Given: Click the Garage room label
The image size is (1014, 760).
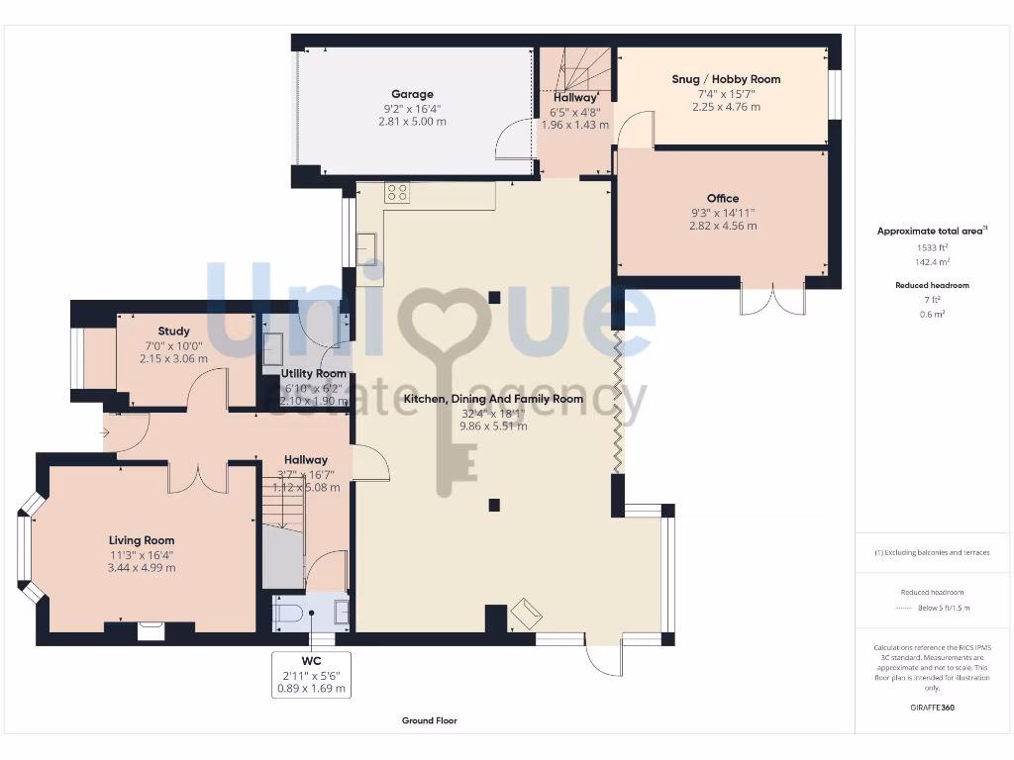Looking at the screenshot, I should point(411,95).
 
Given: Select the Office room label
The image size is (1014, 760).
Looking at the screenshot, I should point(722,198).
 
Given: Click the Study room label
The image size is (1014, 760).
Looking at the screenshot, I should point(173,332).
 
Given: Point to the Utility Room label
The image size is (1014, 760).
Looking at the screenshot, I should point(313,373).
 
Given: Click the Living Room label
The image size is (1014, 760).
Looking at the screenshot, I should point(142,540).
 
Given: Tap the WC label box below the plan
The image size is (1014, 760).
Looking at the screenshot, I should point(312,674).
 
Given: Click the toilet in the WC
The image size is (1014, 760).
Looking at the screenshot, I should point(288,614).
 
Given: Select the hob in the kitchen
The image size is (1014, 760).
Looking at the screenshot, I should point(397,193).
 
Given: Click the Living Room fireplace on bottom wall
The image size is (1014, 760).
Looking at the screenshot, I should point(151,629).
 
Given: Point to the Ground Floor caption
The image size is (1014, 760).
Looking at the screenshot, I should point(429,721).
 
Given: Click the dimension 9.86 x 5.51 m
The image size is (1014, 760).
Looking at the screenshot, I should point(493,427).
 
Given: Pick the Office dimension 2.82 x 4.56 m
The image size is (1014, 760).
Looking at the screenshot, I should point(722,226).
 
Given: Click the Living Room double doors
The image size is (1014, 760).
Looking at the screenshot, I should point(197,476).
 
